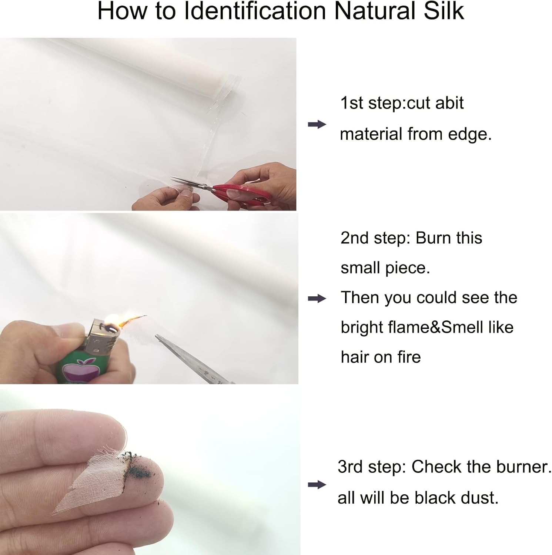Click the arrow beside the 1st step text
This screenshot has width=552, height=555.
pos(317,124)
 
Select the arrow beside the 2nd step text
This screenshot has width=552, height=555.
pos(317,299)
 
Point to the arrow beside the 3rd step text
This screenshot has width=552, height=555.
pos(317,485)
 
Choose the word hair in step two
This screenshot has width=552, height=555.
pos(355,357)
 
